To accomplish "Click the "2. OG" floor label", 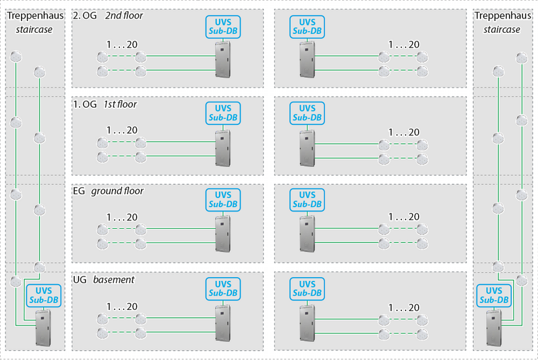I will (x=85, y=16).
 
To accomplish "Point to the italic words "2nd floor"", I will (x=124, y=16).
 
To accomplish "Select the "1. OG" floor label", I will (x=85, y=105).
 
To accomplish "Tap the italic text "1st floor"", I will (x=120, y=105).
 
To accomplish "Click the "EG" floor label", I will (x=79, y=191).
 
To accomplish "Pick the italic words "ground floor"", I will (x=117, y=191).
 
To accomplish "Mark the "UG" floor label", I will (x=80, y=280).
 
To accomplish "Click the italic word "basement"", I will (x=114, y=280).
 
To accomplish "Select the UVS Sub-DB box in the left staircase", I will (x=43, y=295).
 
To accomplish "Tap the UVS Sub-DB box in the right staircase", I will (x=493, y=295).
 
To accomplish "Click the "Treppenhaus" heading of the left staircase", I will (x=35, y=17).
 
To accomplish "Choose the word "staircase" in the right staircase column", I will (x=502, y=29).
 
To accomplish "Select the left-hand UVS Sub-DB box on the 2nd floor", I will (x=223, y=26).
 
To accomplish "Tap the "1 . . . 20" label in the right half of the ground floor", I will (x=404, y=217).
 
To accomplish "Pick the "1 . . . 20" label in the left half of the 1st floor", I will (x=122, y=131).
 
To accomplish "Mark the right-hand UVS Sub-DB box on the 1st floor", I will (x=307, y=113).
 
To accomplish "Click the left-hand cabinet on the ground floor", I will (x=223, y=234).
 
